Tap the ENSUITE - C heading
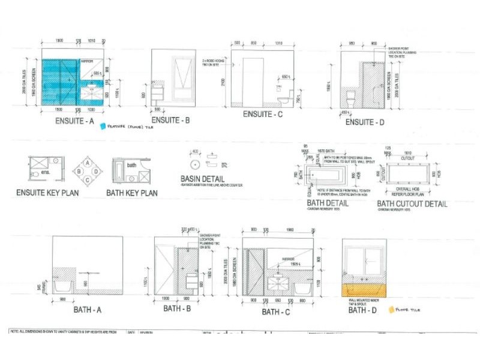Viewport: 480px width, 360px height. pyautogui.click(x=263, y=114)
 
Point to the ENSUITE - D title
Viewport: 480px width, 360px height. pyautogui.click(x=366, y=122)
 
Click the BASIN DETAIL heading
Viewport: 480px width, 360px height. pyautogui.click(x=203, y=179)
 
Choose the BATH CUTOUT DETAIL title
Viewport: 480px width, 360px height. pyautogui.click(x=412, y=203)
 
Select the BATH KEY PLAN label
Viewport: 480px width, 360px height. pyautogui.click(x=132, y=193)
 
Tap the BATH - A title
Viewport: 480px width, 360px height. pyautogui.click(x=88, y=310)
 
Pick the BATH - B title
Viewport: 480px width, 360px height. pyautogui.click(x=179, y=310)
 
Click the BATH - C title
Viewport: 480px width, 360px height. pyautogui.click(x=277, y=312)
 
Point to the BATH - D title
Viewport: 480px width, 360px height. pyautogui.click(x=363, y=310)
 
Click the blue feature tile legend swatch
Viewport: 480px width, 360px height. pyautogui.click(x=103, y=126)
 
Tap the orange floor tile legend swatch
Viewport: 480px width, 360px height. pyautogui.click(x=393, y=310)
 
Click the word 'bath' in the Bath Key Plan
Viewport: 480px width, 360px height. pyautogui.click(x=131, y=165)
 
